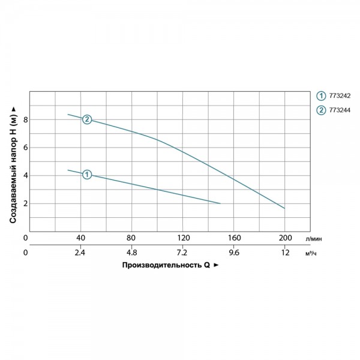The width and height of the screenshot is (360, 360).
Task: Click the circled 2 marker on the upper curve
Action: [87, 119]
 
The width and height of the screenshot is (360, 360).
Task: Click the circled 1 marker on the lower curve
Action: [87, 175]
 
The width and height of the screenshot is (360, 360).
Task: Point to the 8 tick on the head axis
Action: [25, 119]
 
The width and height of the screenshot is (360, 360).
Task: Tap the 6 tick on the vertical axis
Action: [25, 148]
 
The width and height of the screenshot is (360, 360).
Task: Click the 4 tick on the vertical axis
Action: [25, 175]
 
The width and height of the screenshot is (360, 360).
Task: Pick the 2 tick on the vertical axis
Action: [25, 203]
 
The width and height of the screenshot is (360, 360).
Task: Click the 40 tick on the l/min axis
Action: [80, 238]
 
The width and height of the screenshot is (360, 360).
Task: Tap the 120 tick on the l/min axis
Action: [183, 238]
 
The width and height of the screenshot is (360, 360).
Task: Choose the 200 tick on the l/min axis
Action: [286, 238]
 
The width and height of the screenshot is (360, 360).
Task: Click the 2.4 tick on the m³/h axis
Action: [80, 253]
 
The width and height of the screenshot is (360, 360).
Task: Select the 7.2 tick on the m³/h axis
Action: [182, 253]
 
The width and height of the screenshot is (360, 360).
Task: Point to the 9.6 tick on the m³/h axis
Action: [234, 253]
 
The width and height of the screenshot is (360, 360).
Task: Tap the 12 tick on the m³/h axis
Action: [286, 253]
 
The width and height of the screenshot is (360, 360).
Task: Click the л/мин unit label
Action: [314, 239]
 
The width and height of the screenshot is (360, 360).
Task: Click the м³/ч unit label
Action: [311, 253]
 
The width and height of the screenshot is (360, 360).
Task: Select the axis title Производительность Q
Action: [166, 265]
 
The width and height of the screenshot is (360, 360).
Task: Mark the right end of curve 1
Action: [220, 203]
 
